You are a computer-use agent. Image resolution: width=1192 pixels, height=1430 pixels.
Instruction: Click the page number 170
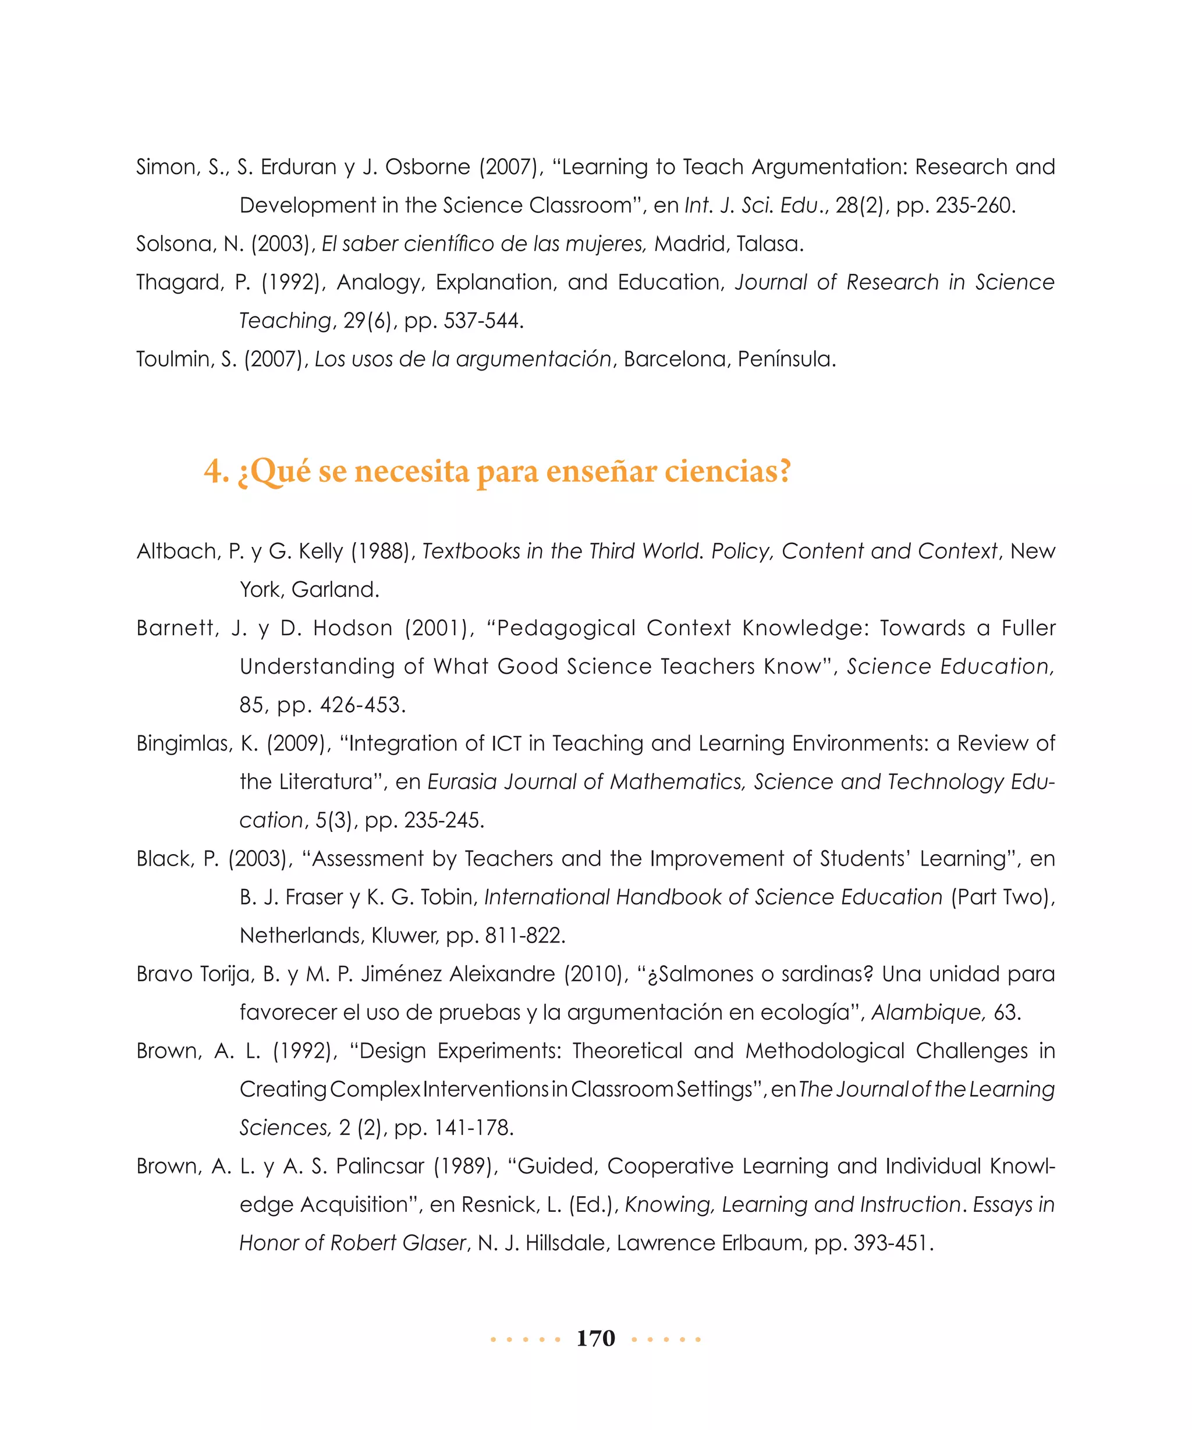[x=595, y=1339]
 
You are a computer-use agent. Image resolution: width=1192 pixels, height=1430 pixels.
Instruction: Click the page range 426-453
[x=363, y=705]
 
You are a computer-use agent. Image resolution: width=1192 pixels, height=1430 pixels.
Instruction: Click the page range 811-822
[x=524, y=935]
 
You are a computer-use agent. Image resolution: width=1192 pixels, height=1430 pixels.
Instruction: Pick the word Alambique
[x=927, y=1012]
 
